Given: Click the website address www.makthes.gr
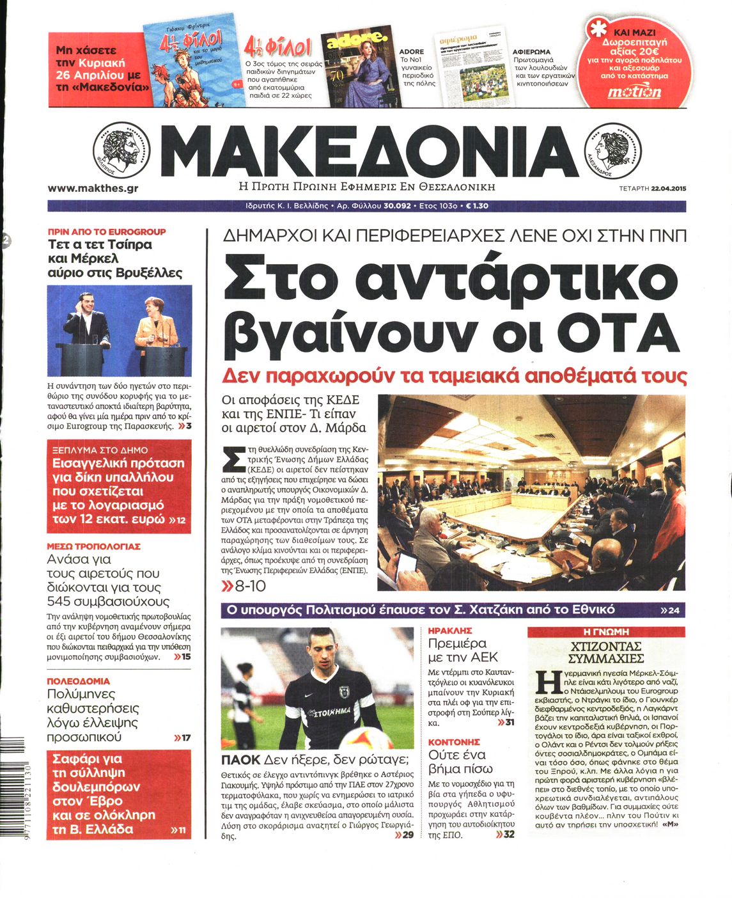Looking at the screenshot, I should pyautogui.click(x=93, y=188).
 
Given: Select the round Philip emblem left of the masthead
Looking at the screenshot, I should pyautogui.click(x=121, y=151).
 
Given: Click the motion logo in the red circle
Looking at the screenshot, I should pyautogui.click(x=634, y=91).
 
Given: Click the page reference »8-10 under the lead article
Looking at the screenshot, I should pyautogui.click(x=244, y=585).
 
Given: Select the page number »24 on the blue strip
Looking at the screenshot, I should pyautogui.click(x=670, y=611).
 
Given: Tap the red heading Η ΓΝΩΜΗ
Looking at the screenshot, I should pyautogui.click(x=606, y=631).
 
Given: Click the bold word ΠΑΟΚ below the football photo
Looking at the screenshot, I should pyautogui.click(x=240, y=760).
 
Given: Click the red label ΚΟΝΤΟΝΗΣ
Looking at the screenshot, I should pyautogui.click(x=454, y=742).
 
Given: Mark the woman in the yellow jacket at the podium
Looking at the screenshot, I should pyautogui.click(x=155, y=326).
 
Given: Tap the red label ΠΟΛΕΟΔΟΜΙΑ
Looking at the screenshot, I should pyautogui.click(x=79, y=681).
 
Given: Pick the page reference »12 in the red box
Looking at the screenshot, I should pyautogui.click(x=178, y=520).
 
